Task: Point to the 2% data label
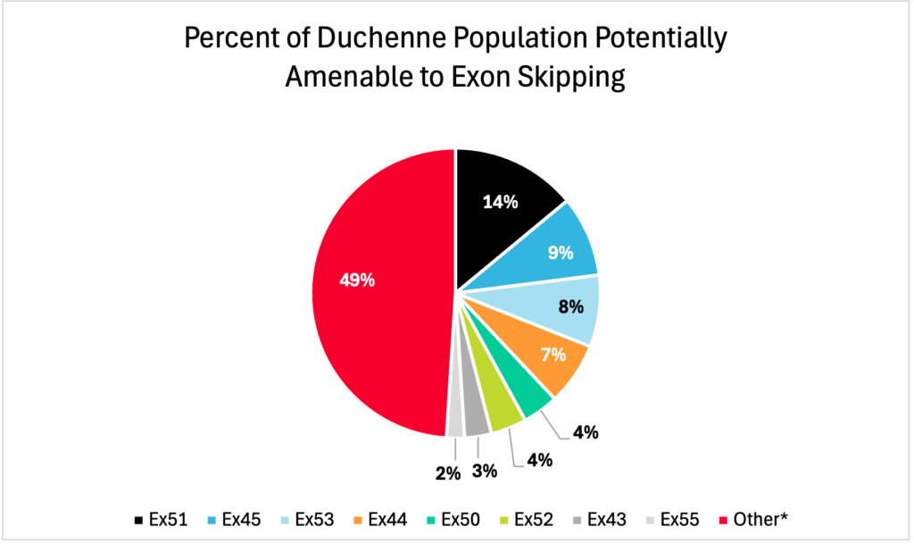pos(447,473)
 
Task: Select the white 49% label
pos(357,280)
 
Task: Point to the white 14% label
pos(501,202)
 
